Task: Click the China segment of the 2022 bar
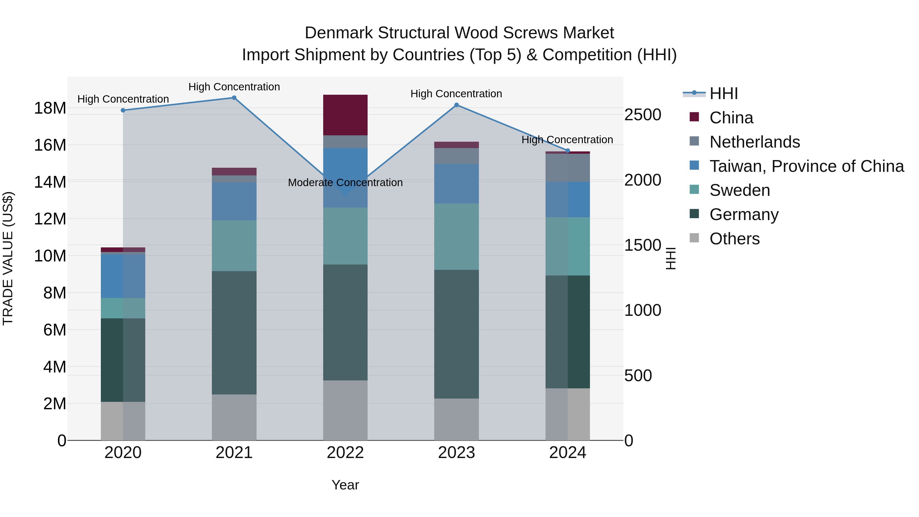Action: pos(345,115)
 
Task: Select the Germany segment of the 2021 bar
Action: pos(234,332)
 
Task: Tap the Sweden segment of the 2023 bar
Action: pos(456,237)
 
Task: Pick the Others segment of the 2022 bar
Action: pos(345,410)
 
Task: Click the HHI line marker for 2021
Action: pos(234,98)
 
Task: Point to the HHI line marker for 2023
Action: pos(456,105)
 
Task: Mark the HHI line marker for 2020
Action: pos(123,110)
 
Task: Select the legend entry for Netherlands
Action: pos(755,142)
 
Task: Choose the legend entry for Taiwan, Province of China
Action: pos(806,166)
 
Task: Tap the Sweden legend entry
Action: pos(740,190)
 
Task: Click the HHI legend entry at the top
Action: pos(723,93)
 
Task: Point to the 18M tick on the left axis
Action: pos(50,108)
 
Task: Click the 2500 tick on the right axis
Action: pos(643,115)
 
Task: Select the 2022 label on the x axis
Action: pos(345,453)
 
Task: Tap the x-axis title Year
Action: pos(345,485)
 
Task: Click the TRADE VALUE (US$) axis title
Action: pos(8,258)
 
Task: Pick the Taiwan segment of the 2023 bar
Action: pos(456,184)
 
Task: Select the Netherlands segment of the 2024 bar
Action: pos(567,168)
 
